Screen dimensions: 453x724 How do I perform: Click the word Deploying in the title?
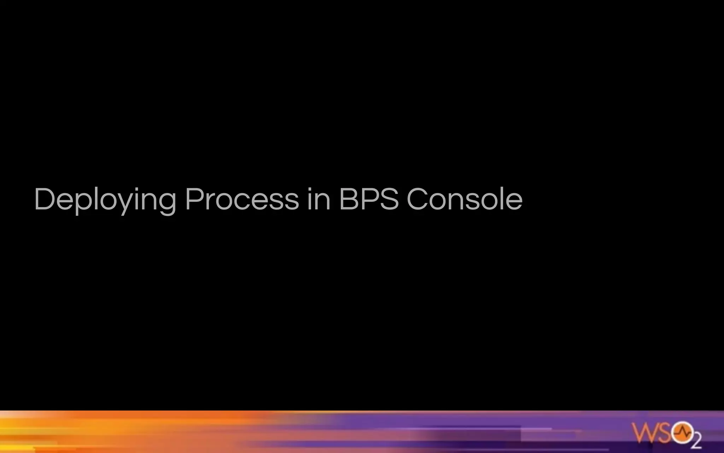tap(105, 199)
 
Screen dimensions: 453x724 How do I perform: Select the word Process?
tap(242, 199)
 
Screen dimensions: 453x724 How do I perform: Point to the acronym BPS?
tap(369, 199)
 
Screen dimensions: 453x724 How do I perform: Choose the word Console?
tap(465, 199)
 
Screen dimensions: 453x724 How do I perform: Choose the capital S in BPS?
tap(388, 199)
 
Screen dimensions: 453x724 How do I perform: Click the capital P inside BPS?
tap(368, 199)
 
